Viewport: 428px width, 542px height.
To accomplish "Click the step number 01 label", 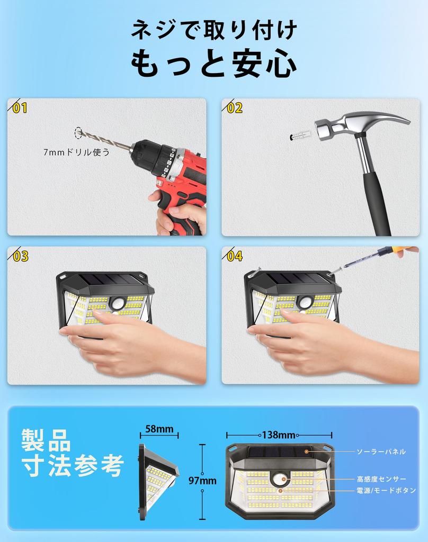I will point(20,109).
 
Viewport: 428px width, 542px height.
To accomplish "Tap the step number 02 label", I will point(234,109).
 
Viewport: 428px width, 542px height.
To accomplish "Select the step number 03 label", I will point(20,257).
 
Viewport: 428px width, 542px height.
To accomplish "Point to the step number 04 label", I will point(234,257).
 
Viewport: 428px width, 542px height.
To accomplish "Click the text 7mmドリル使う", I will point(77,152).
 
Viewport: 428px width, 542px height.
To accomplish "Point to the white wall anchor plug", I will point(302,134).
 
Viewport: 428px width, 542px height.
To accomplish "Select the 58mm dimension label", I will point(159,429).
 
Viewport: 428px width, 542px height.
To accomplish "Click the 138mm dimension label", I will point(278,435).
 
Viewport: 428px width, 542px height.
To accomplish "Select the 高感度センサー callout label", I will point(381,479).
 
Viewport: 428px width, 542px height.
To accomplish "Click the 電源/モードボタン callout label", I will point(386,491).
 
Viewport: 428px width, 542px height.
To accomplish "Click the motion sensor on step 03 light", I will point(117,303).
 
